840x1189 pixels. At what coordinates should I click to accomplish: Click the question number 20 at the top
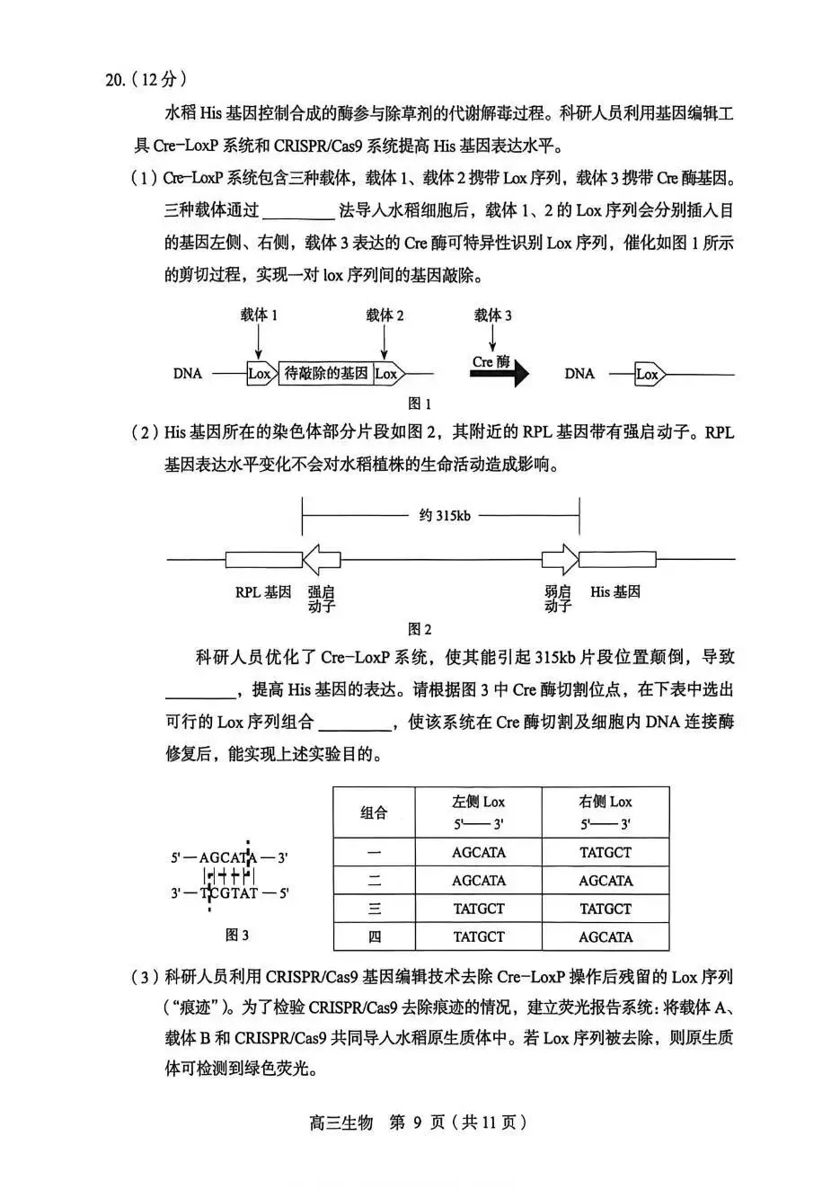point(115,80)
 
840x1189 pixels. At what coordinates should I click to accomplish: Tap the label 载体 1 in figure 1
point(259,315)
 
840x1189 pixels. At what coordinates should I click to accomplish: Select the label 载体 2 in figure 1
point(385,315)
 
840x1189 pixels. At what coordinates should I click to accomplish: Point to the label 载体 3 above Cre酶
point(493,315)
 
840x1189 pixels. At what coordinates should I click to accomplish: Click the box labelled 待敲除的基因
point(327,374)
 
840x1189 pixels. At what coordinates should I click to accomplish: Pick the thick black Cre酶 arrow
point(500,375)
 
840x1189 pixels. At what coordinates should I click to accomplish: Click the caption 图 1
point(420,404)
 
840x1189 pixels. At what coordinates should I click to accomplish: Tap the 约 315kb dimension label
point(444,516)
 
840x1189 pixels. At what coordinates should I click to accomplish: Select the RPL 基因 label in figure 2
point(263,592)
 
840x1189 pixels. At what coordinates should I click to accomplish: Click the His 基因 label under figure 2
point(615,592)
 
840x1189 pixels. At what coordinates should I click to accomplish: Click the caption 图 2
point(420,629)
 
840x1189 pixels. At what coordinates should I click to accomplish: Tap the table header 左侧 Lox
point(479,802)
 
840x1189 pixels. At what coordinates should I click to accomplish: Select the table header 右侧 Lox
point(606,802)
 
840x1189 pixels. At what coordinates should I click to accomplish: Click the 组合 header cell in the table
point(374,812)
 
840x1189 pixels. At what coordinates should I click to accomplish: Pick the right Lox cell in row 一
point(606,852)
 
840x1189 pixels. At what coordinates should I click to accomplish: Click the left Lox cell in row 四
point(479,936)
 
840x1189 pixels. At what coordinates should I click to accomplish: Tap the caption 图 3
point(237,936)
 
